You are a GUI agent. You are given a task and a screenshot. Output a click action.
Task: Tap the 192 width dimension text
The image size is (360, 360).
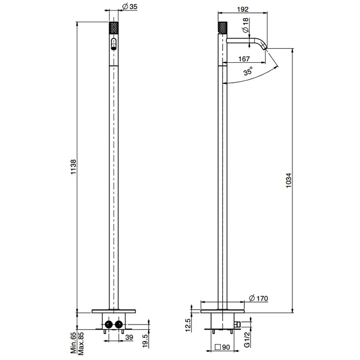244,8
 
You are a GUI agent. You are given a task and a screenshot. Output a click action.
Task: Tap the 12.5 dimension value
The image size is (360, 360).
188,325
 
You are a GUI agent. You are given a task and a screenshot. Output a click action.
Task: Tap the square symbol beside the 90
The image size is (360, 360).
218,347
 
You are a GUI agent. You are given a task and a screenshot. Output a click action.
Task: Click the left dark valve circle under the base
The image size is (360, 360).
108,325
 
